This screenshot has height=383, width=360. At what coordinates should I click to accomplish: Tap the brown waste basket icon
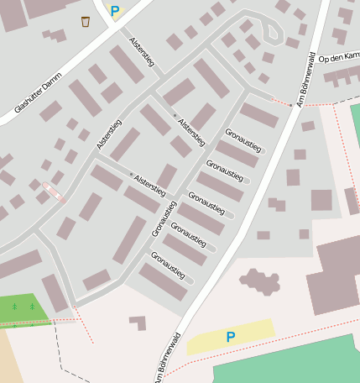click(86, 21)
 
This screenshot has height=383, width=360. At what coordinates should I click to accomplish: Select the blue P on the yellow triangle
click(115, 11)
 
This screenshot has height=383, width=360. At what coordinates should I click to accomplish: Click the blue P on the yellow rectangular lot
click(230, 337)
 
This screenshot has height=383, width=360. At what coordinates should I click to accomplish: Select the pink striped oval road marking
click(53, 192)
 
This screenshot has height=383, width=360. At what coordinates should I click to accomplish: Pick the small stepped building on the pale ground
click(137, 322)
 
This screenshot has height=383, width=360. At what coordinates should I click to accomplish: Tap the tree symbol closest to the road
click(32, 307)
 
